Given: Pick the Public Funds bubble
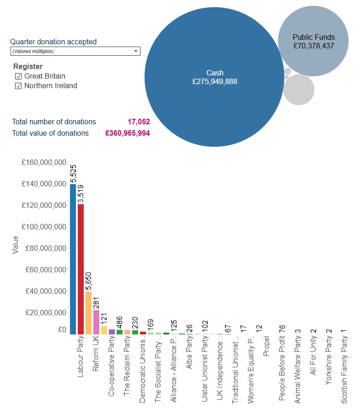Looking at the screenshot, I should point(313,41).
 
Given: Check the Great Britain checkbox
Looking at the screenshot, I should point(18,76).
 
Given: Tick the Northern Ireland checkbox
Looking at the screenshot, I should point(18,86).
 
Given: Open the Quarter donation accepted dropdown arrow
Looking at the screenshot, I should point(136,51).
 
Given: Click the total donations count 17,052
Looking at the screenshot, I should point(139,122).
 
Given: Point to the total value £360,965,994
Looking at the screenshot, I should point(127,133).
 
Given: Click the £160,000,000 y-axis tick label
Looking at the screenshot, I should point(44,163).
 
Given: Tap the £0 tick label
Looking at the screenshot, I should point(62,329).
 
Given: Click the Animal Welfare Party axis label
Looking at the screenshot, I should point(298,366).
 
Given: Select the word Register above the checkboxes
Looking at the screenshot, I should point(28,66).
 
